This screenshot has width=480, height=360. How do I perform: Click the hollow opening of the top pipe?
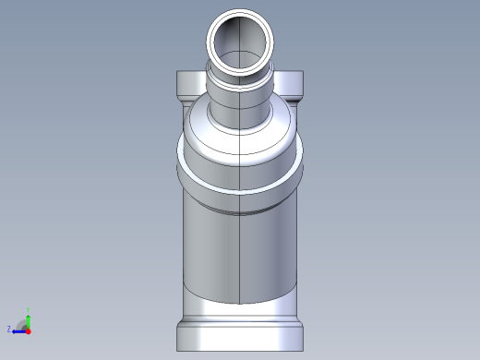[240, 41]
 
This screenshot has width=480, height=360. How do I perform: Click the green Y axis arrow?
[29, 316]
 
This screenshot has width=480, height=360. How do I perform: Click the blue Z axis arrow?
[18, 329]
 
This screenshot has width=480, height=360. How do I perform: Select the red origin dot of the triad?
[29, 329]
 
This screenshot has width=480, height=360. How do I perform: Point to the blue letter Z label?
[9, 329]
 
